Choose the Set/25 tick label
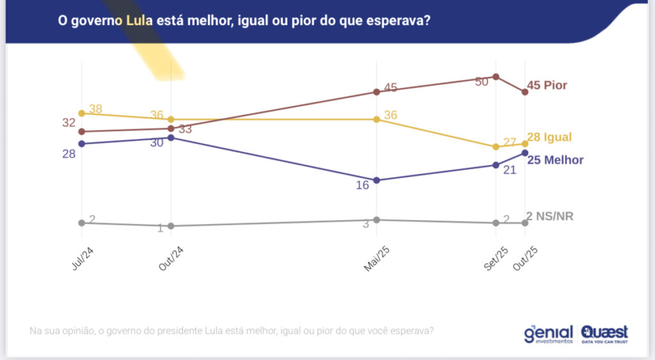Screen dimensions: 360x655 pyautogui.click(x=493, y=259)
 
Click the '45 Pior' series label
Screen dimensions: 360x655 pyautogui.click(x=546, y=86)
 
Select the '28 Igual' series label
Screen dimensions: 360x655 pyautogui.click(x=549, y=137)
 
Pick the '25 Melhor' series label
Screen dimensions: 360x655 pyautogui.click(x=555, y=160)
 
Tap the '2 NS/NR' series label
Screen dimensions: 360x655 pyautogui.click(x=549, y=216)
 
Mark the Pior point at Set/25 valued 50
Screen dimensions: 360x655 pyautogui.click(x=496, y=77)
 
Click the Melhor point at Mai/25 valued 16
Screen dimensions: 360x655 pyautogui.click(x=377, y=180)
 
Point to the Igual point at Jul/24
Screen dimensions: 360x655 pyautogui.click(x=81, y=113)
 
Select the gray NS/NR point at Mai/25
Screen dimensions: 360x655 pyautogui.click(x=377, y=220)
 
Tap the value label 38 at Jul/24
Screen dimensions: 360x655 pyautogui.click(x=96, y=109)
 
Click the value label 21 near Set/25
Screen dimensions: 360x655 pyautogui.click(x=509, y=171)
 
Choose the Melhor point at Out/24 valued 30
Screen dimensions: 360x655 pyautogui.click(x=171, y=137)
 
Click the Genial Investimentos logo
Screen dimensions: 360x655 pyautogui.click(x=549, y=334)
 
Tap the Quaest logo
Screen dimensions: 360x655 pyautogui.click(x=604, y=334)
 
